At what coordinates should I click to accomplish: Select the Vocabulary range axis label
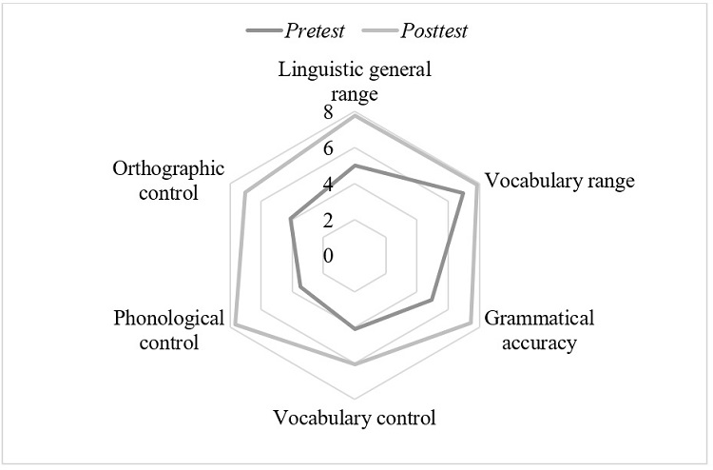(x=559, y=181)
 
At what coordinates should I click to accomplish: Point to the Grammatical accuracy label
(x=538, y=330)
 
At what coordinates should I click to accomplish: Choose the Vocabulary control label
(x=354, y=418)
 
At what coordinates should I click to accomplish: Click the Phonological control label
(x=168, y=330)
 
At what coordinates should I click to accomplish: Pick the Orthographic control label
(x=168, y=181)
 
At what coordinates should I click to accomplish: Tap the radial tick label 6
(x=328, y=149)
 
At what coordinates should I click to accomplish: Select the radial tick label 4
(x=328, y=185)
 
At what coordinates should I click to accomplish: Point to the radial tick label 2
(x=328, y=221)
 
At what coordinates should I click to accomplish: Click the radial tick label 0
(x=328, y=257)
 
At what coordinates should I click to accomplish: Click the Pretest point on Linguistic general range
(x=355, y=166)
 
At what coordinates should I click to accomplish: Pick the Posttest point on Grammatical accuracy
(x=471, y=323)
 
